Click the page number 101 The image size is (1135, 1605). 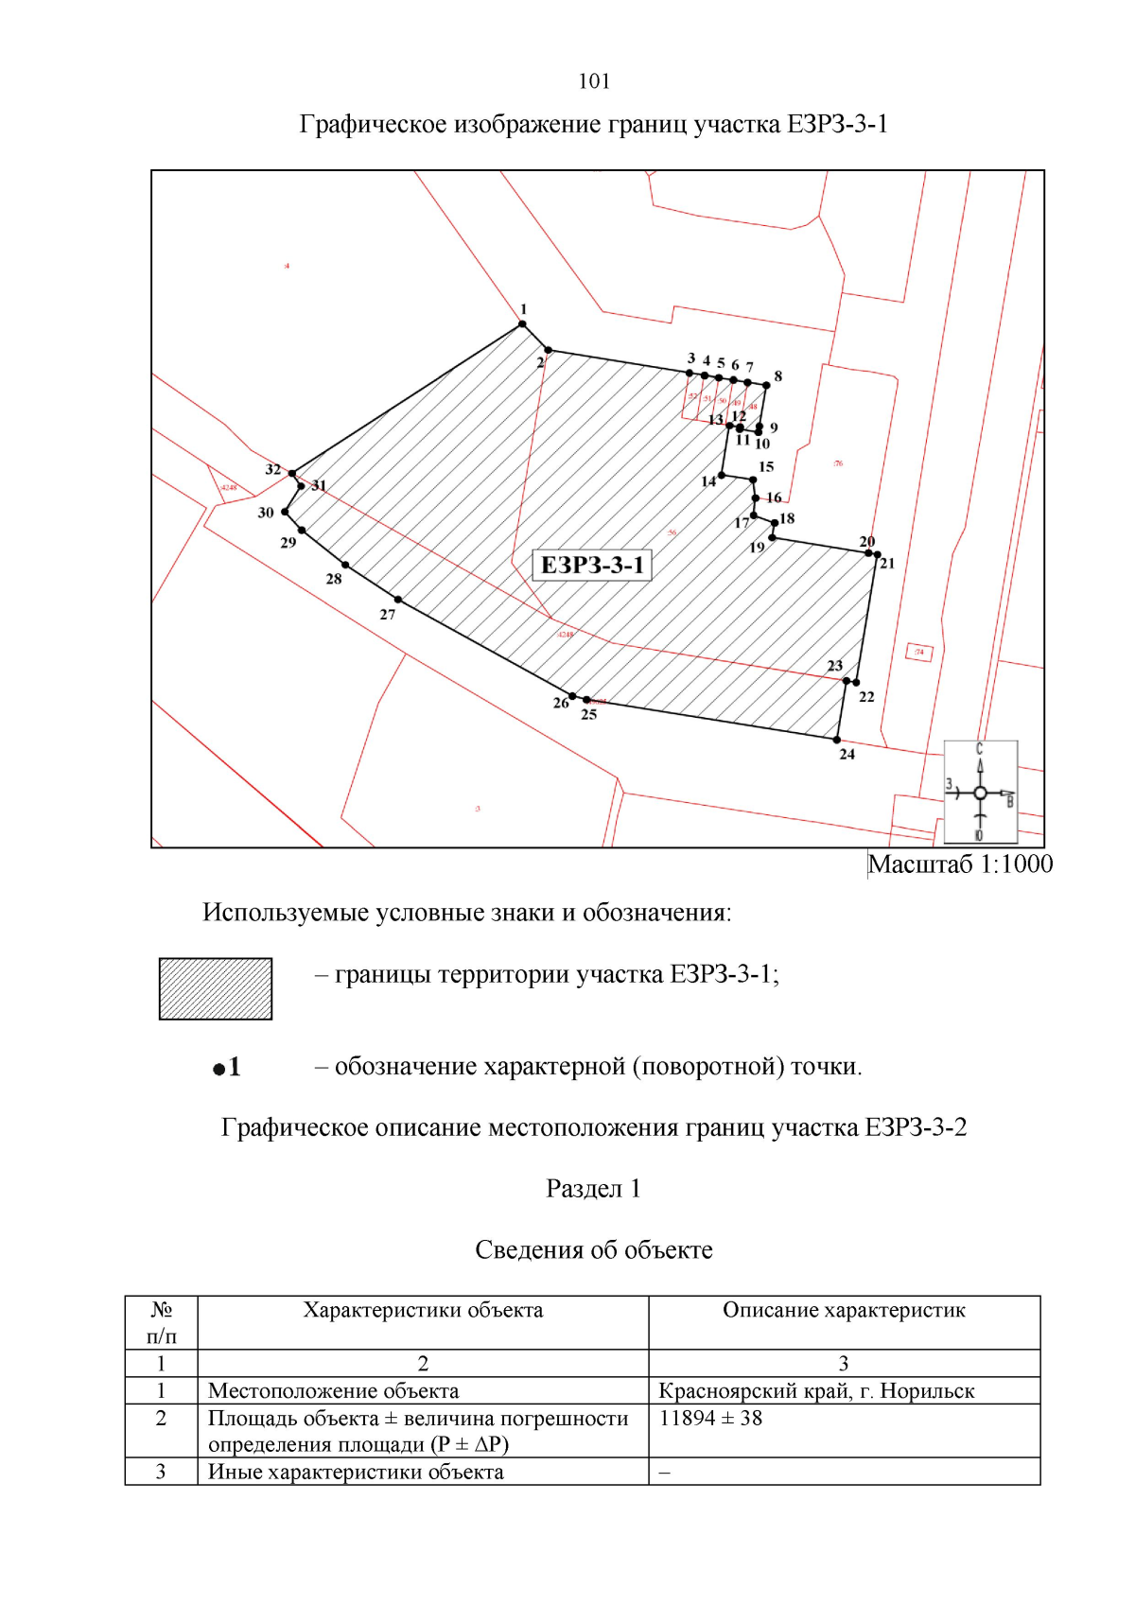pyautogui.click(x=594, y=81)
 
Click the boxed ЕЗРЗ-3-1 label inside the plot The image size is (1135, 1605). pyautogui.click(x=592, y=565)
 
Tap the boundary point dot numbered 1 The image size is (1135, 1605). pyautogui.click(x=522, y=324)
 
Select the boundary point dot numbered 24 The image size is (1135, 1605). pyautogui.click(x=837, y=740)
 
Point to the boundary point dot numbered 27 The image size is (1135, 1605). pyautogui.click(x=398, y=600)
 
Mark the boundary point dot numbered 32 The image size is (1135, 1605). pyautogui.click(x=292, y=473)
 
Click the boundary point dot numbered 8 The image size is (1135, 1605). pyautogui.click(x=767, y=385)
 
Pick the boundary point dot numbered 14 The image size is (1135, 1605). pyautogui.click(x=723, y=476)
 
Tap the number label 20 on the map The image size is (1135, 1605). pyautogui.click(x=866, y=542)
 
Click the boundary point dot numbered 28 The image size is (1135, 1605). pyautogui.click(x=345, y=565)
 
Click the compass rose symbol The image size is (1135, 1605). pyautogui.click(x=981, y=793)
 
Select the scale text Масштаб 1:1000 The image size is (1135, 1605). pyautogui.click(x=960, y=864)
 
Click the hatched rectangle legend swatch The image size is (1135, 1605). pyautogui.click(x=216, y=988)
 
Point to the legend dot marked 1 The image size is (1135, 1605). pyautogui.click(x=218, y=1069)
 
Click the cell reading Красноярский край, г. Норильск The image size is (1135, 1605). pyautogui.click(x=816, y=1390)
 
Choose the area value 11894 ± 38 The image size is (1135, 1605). pyautogui.click(x=710, y=1418)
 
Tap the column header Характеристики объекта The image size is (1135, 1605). pyautogui.click(x=423, y=1310)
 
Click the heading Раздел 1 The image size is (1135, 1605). pyautogui.click(x=593, y=1189)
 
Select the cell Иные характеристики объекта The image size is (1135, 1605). pyautogui.click(x=356, y=1472)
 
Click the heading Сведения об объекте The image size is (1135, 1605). pyautogui.click(x=593, y=1250)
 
